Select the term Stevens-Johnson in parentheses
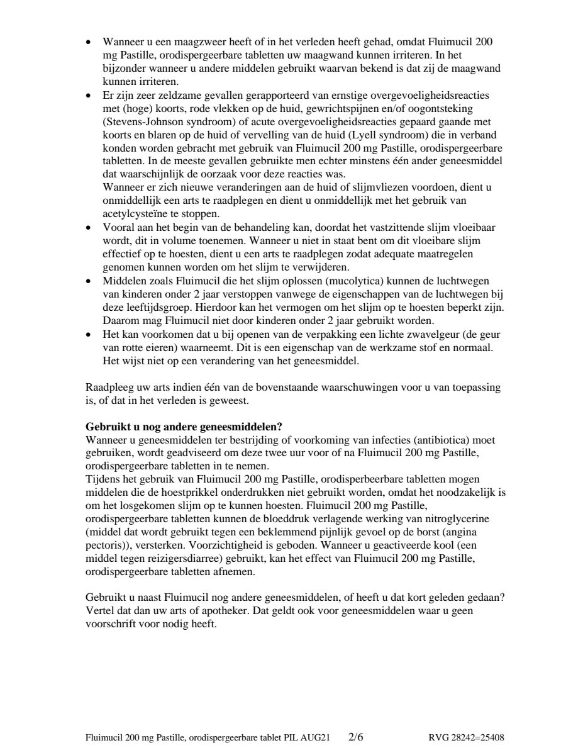(138, 121)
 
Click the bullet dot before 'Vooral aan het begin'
(89, 227)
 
